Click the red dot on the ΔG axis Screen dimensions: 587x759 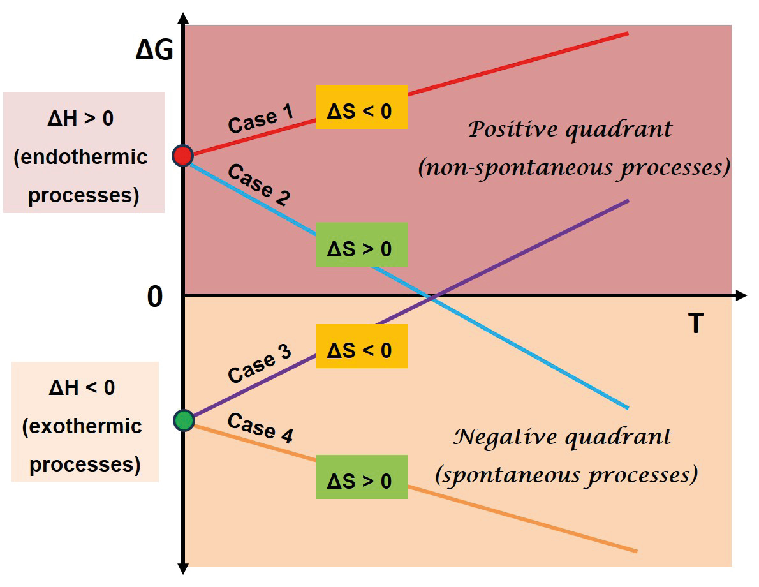[183, 155]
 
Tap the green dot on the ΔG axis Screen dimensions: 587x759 [184, 420]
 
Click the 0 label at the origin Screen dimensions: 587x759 [155, 297]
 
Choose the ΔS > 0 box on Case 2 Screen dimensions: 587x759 [362, 248]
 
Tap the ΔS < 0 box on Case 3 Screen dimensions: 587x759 [362, 350]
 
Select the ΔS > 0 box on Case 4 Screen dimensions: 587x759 [362, 480]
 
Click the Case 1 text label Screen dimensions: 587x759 [261, 119]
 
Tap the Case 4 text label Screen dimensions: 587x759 [260, 427]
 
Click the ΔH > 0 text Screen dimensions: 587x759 [82, 119]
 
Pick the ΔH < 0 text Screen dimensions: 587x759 [82, 387]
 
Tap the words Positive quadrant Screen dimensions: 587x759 [570, 130]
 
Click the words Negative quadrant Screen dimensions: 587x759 [562, 438]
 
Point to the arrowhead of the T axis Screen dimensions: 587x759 [741, 295]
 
